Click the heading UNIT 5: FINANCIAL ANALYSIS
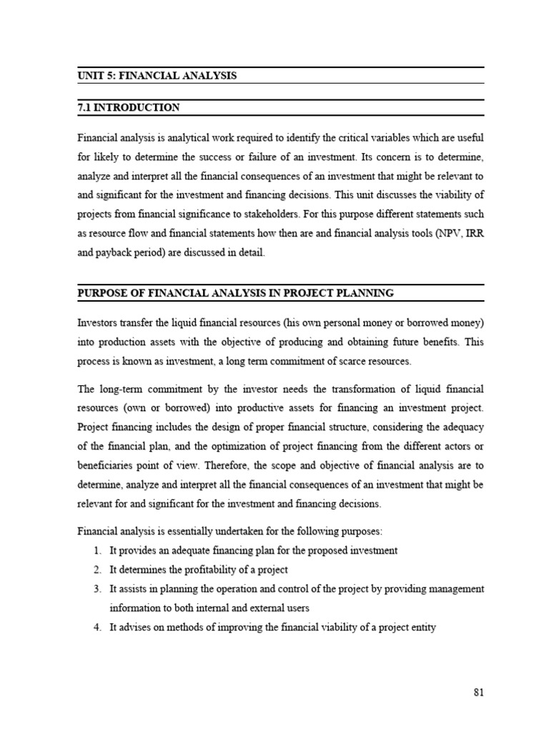pyautogui.click(x=157, y=75)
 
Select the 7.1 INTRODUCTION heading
pyautogui.click(x=128, y=108)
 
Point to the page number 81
pyautogui.click(x=478, y=693)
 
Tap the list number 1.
pyautogui.click(x=97, y=550)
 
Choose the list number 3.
pyautogui.click(x=97, y=589)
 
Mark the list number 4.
pyautogui.click(x=97, y=628)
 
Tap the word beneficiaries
pyautogui.click(x=107, y=465)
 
